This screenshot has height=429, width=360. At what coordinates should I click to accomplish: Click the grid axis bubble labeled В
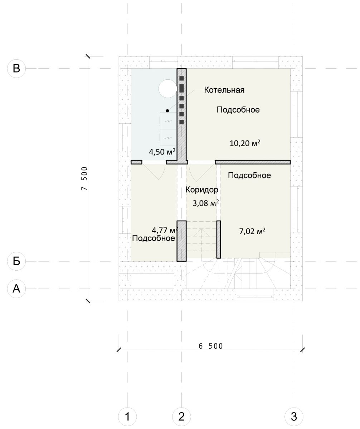pyautogui.click(x=16, y=68)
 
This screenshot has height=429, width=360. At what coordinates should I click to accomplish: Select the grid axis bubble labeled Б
pyautogui.click(x=16, y=261)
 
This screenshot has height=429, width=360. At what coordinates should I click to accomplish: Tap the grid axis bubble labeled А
pyautogui.click(x=16, y=288)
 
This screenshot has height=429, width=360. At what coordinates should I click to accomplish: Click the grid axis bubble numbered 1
pyautogui.click(x=127, y=416)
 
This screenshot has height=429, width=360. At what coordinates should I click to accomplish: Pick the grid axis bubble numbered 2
pyautogui.click(x=181, y=416)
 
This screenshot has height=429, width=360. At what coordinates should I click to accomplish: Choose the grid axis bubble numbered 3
pyautogui.click(x=294, y=416)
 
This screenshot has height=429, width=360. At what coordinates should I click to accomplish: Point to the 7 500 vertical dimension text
pyautogui.click(x=84, y=178)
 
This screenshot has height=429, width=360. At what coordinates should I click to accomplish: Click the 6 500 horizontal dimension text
pyautogui.click(x=211, y=346)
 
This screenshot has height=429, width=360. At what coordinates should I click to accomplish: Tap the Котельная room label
pyautogui.click(x=224, y=90)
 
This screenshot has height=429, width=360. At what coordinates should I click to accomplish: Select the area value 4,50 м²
pyautogui.click(x=162, y=152)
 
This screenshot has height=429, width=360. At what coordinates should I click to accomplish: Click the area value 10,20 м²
pyautogui.click(x=245, y=143)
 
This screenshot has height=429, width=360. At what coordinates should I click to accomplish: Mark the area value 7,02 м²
pyautogui.click(x=252, y=231)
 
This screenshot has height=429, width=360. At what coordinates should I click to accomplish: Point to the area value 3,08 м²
pyautogui.click(x=206, y=204)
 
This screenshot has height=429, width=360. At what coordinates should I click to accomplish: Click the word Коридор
pyautogui.click(x=202, y=190)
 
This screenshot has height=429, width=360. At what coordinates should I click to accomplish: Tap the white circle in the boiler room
pyautogui.click(x=168, y=88)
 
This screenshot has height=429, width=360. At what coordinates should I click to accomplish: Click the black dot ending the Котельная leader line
pyautogui.click(x=167, y=111)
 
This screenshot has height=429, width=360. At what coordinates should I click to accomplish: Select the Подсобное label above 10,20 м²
pyautogui.click(x=238, y=110)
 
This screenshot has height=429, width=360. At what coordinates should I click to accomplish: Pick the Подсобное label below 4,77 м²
pyautogui.click(x=154, y=238)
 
